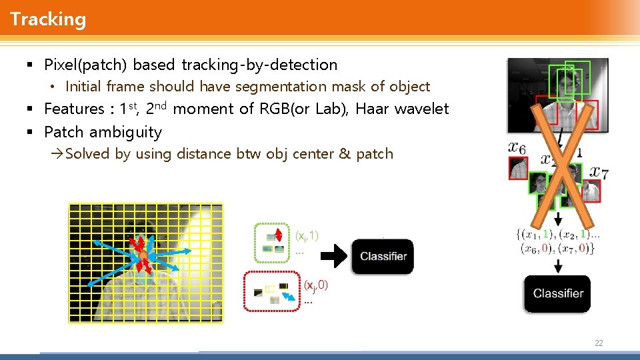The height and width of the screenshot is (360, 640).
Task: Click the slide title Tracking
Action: point(48,19)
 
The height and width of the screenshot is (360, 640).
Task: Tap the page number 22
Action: point(598,343)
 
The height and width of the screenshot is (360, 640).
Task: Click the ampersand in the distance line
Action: point(345,154)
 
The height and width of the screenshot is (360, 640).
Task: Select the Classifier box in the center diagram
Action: point(383,257)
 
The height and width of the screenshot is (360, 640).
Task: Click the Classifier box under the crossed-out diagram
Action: point(557,293)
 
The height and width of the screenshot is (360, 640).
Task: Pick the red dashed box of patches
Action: point(273,291)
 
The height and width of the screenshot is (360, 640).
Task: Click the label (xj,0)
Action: point(315,285)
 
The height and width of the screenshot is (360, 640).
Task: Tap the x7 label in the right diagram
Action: point(598,172)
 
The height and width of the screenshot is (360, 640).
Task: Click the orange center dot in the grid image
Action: point(142,256)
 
